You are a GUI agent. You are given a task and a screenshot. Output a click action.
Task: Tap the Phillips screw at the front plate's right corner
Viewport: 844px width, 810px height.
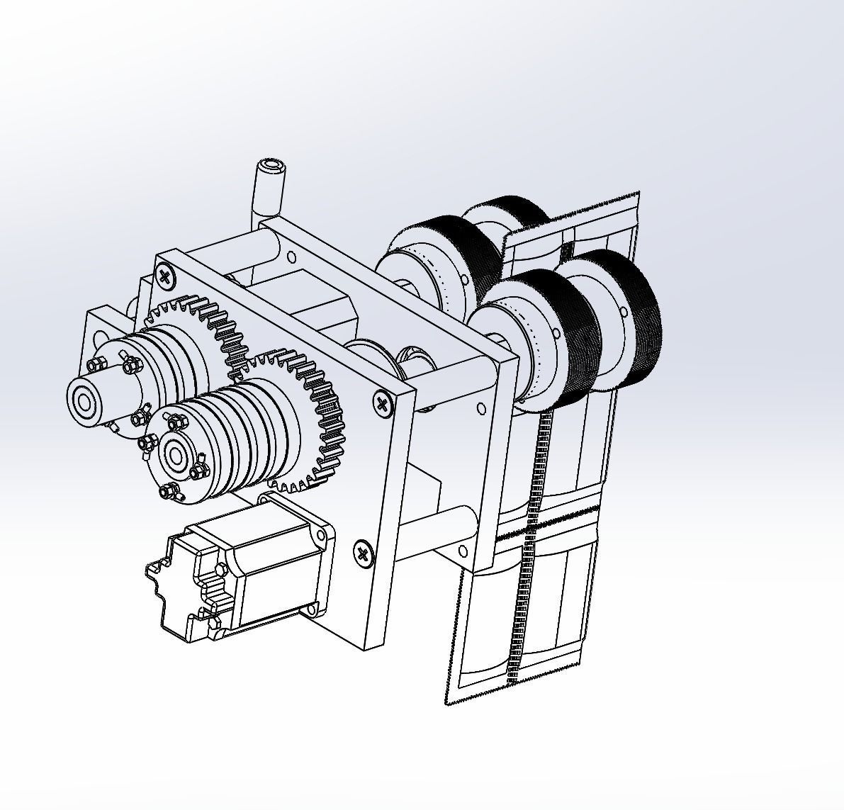coord(383,405)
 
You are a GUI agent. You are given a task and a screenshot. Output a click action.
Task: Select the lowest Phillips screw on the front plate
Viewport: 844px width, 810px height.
coord(364,553)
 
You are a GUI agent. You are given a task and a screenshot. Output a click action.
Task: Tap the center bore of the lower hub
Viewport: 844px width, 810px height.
coord(174,456)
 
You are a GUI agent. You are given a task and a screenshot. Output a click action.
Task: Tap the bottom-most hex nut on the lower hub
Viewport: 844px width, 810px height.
coord(168,490)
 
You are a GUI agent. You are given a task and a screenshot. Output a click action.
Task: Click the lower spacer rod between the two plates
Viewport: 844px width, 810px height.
coord(439,524)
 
